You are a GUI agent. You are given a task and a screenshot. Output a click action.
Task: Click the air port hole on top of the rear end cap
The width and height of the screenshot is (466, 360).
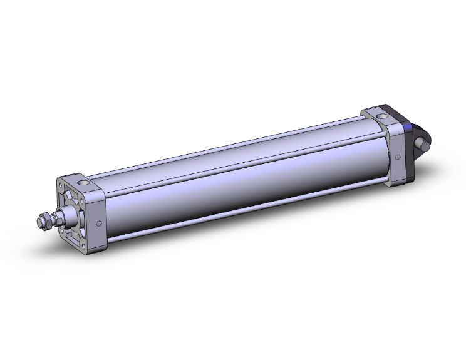point(382,115)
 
